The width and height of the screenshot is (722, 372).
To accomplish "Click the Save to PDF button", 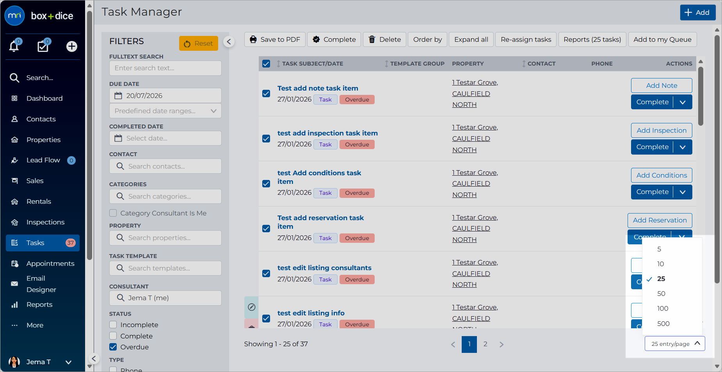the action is click(275, 39).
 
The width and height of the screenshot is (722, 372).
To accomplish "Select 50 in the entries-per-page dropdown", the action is click(661, 294).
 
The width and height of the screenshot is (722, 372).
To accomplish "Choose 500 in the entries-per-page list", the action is click(663, 324).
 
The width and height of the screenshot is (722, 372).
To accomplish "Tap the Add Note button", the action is click(662, 85).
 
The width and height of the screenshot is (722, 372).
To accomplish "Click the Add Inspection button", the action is click(662, 130).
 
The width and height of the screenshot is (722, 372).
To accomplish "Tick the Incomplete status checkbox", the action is click(113, 325).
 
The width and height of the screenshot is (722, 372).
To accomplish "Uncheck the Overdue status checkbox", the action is click(113, 347).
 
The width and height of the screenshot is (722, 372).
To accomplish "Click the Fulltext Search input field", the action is click(165, 68).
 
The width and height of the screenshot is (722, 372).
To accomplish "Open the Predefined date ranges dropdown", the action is click(165, 111).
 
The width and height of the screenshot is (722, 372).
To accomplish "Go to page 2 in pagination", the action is click(485, 344).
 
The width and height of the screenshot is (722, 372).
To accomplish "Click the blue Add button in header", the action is click(697, 12).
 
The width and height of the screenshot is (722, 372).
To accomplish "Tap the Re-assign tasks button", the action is click(526, 39).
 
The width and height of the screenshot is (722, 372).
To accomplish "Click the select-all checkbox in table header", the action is click(266, 64).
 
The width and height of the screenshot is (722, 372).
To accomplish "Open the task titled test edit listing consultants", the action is click(324, 268).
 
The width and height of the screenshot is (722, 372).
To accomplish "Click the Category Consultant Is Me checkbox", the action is click(113, 213).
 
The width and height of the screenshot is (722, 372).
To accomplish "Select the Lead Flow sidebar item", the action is click(43, 160).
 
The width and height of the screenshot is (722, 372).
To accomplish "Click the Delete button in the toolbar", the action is click(384, 39).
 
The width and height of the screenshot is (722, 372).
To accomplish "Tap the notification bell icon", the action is click(14, 46).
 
